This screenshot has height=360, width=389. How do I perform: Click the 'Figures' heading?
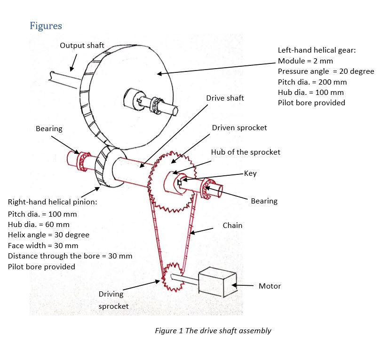(x=46, y=25)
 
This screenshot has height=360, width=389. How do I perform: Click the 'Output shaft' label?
(x=82, y=46)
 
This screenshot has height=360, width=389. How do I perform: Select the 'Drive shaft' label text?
(x=225, y=98)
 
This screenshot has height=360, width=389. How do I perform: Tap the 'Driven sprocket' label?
(x=239, y=128)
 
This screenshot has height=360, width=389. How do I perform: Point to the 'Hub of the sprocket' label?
(x=245, y=152)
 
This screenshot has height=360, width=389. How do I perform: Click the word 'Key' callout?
(x=250, y=173)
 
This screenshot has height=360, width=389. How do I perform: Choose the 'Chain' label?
(x=232, y=226)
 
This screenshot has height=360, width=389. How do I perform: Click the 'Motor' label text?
(x=270, y=286)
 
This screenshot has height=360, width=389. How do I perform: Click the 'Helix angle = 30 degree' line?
(x=48, y=235)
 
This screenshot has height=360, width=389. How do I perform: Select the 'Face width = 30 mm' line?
(x=43, y=245)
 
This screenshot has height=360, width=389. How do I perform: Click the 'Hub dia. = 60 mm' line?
(x=39, y=224)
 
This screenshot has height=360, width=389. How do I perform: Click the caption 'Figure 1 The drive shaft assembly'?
(x=213, y=330)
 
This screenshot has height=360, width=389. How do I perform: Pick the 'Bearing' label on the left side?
(x=49, y=128)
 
